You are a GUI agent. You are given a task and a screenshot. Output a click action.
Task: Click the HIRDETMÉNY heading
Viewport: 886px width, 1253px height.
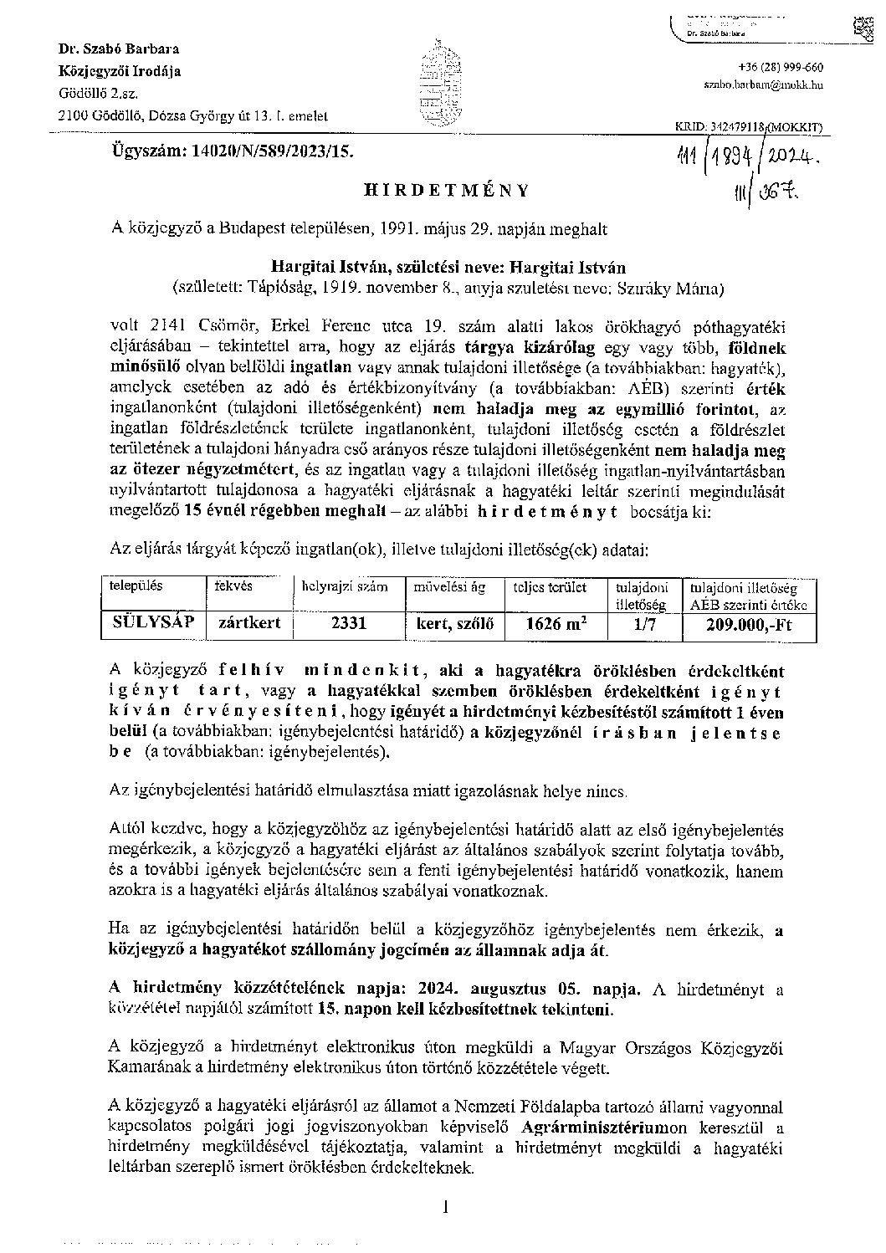447,190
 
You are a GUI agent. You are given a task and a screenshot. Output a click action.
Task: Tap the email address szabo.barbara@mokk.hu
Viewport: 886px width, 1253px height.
762,85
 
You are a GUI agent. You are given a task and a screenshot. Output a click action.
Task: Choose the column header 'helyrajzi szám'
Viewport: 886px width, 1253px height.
346,587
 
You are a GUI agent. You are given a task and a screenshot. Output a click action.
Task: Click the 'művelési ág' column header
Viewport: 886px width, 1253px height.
450,587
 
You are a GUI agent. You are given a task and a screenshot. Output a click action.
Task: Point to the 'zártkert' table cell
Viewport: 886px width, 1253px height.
248,622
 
